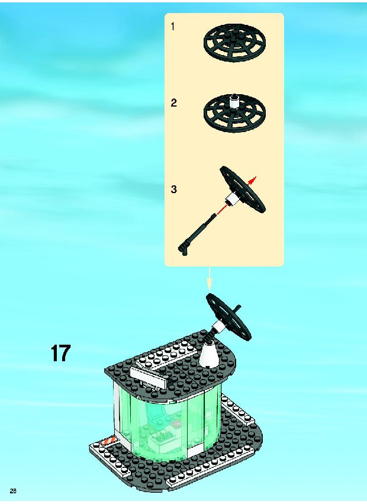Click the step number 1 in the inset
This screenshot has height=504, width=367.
coord(173,27)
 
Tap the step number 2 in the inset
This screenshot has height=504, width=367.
coord(173,103)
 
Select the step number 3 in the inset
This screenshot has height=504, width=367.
coord(173,190)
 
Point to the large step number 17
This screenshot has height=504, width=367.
coord(60,353)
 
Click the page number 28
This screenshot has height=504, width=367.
coord(13,490)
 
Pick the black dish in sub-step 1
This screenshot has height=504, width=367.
coord(234,42)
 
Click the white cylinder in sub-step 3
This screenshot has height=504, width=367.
coord(231,200)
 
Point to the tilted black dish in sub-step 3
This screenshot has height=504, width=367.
coord(243,190)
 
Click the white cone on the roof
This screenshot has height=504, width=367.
coord(208,355)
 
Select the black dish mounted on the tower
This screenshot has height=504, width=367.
coord(229,317)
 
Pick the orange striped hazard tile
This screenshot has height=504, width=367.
coord(108,441)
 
